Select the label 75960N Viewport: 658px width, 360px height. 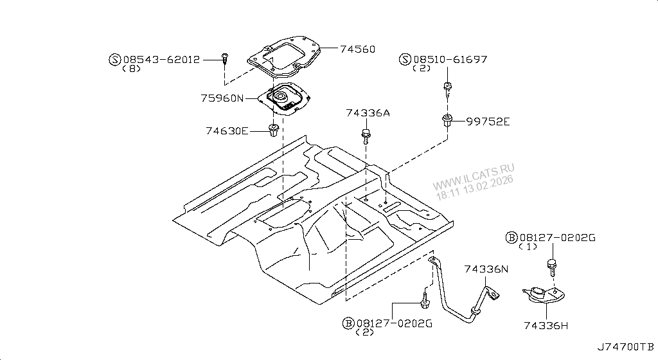click(x=222, y=98)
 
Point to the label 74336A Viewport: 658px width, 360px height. click(x=368, y=114)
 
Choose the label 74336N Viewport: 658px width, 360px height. click(x=486, y=270)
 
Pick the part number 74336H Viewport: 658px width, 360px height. click(x=546, y=326)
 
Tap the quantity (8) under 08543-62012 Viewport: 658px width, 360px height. click(x=130, y=69)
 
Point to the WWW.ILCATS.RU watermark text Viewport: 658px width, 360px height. click(x=477, y=173)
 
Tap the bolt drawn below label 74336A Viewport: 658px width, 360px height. click(x=366, y=135)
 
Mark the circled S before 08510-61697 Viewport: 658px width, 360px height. click(x=405, y=59)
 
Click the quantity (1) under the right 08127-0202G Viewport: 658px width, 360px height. click(x=528, y=247)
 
